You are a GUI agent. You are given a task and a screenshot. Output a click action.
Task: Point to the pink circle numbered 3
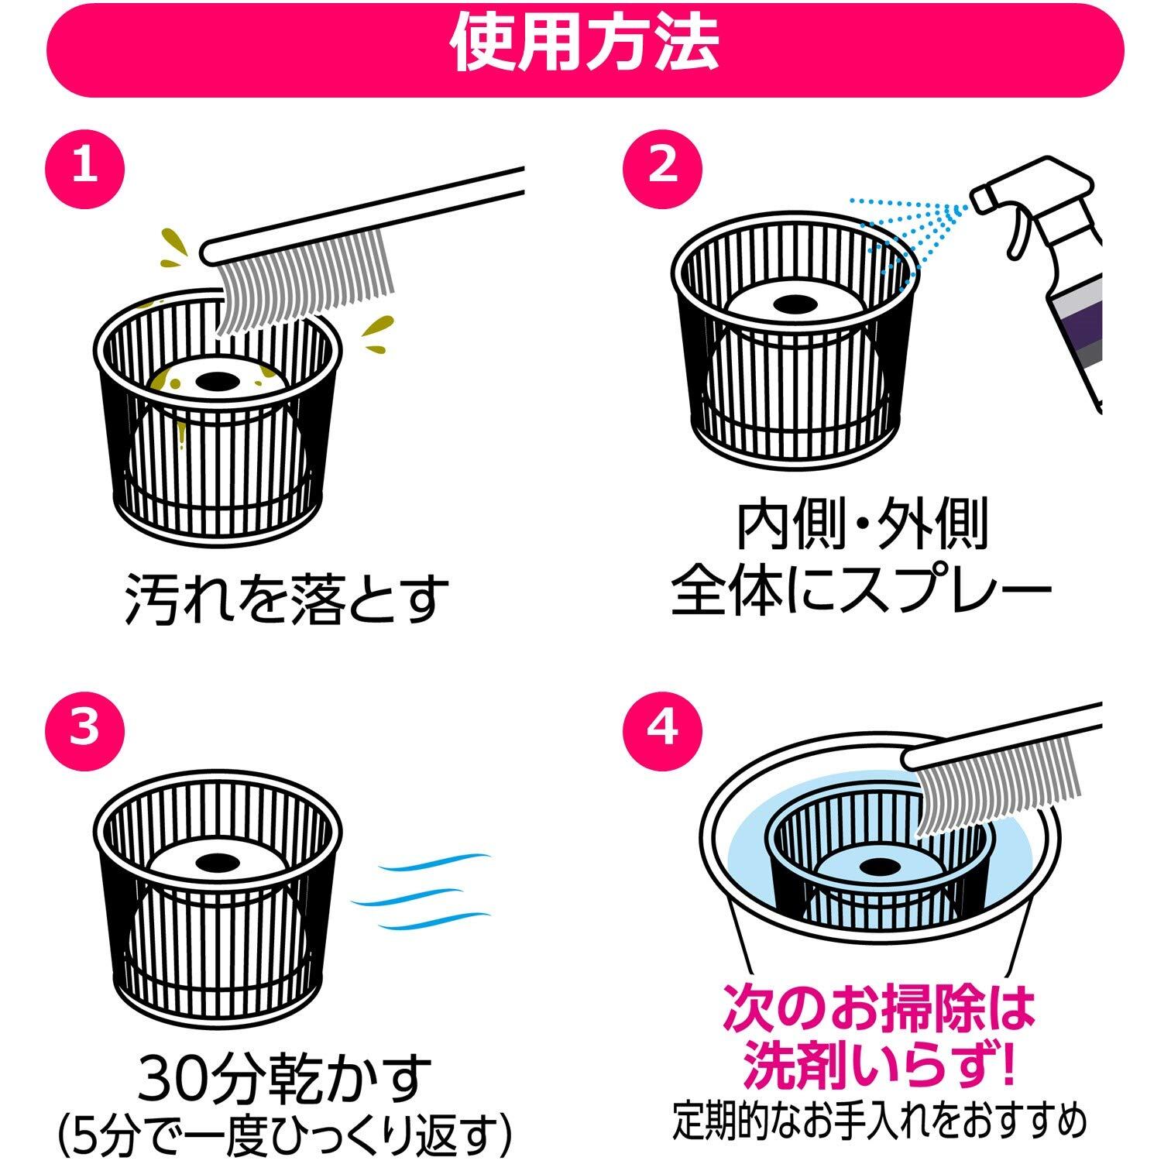coord(84,730)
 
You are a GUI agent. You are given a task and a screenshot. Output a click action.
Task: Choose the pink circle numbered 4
coord(663,730)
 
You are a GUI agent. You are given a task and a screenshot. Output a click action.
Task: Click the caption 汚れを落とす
coord(287,597)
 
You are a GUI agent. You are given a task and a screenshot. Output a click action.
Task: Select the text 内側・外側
coord(861,526)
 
